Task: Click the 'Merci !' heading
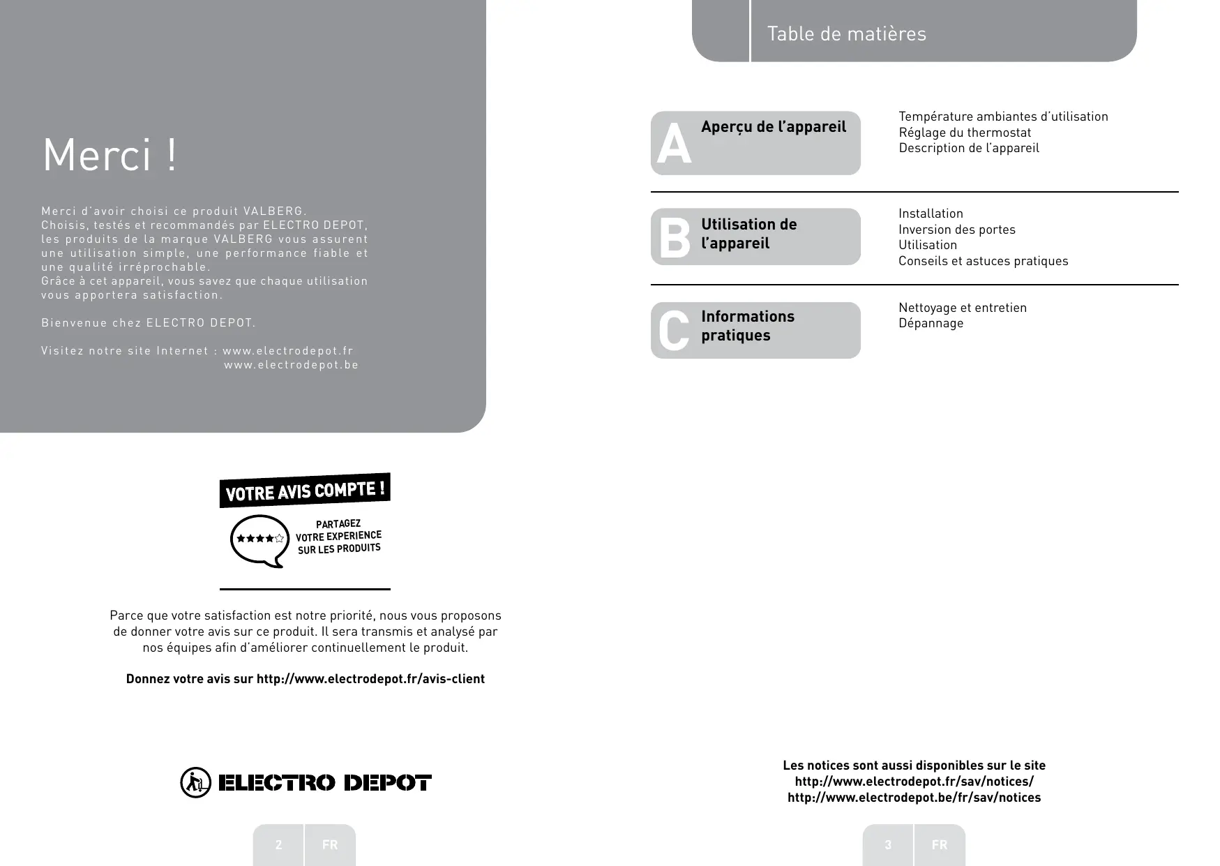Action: (110, 155)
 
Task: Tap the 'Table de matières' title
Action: (846, 33)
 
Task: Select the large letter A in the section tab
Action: (674, 145)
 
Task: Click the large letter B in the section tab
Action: (674, 237)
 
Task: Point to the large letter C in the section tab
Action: (674, 331)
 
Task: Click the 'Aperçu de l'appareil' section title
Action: (773, 127)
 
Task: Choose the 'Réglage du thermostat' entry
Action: (964, 133)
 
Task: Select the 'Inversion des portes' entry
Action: (956, 230)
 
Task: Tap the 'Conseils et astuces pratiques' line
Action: (983, 261)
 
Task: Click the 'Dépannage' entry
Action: (931, 323)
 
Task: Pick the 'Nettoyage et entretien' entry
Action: (962, 308)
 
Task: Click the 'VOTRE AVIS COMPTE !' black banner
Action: (305, 491)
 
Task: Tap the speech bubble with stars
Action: (259, 539)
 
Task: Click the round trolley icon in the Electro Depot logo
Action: (195, 782)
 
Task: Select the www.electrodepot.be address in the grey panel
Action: (291, 365)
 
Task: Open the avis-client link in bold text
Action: (370, 679)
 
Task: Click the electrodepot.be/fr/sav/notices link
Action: (914, 798)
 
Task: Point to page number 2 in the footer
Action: (278, 845)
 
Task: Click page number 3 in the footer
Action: (888, 845)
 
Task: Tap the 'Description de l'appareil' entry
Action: (968, 148)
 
